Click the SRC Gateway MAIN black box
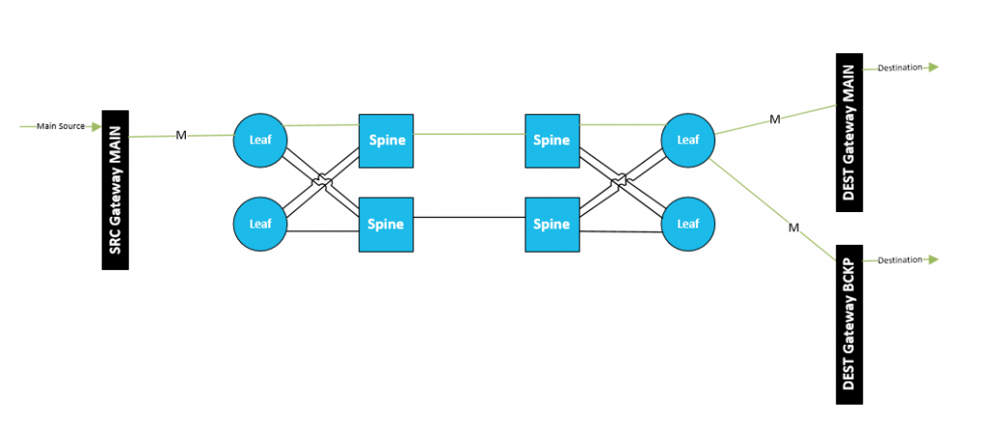click(x=115, y=190)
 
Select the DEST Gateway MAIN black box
click(x=850, y=133)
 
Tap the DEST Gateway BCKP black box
click(x=850, y=324)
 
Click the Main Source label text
click(x=61, y=127)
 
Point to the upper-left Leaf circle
click(x=260, y=140)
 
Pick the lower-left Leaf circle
click(x=260, y=224)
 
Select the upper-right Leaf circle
click(x=688, y=140)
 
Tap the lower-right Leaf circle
click(x=688, y=224)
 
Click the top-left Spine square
click(x=386, y=141)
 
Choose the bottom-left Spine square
click(x=386, y=225)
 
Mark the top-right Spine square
click(x=552, y=141)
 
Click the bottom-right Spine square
click(x=552, y=225)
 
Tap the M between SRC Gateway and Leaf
click(x=181, y=136)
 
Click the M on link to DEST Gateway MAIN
click(x=775, y=119)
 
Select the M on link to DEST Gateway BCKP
click(x=794, y=228)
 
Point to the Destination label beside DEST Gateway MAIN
click(x=901, y=68)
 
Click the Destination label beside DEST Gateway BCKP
click(x=901, y=260)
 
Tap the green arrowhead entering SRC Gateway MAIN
click(x=96, y=127)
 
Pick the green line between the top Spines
click(x=469, y=135)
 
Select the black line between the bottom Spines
click(x=469, y=218)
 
